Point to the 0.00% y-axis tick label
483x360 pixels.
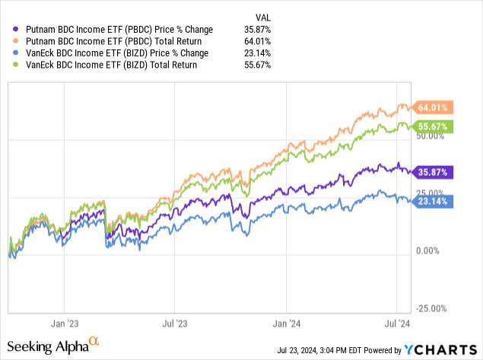point(431,250)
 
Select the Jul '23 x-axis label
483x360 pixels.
point(176,321)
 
